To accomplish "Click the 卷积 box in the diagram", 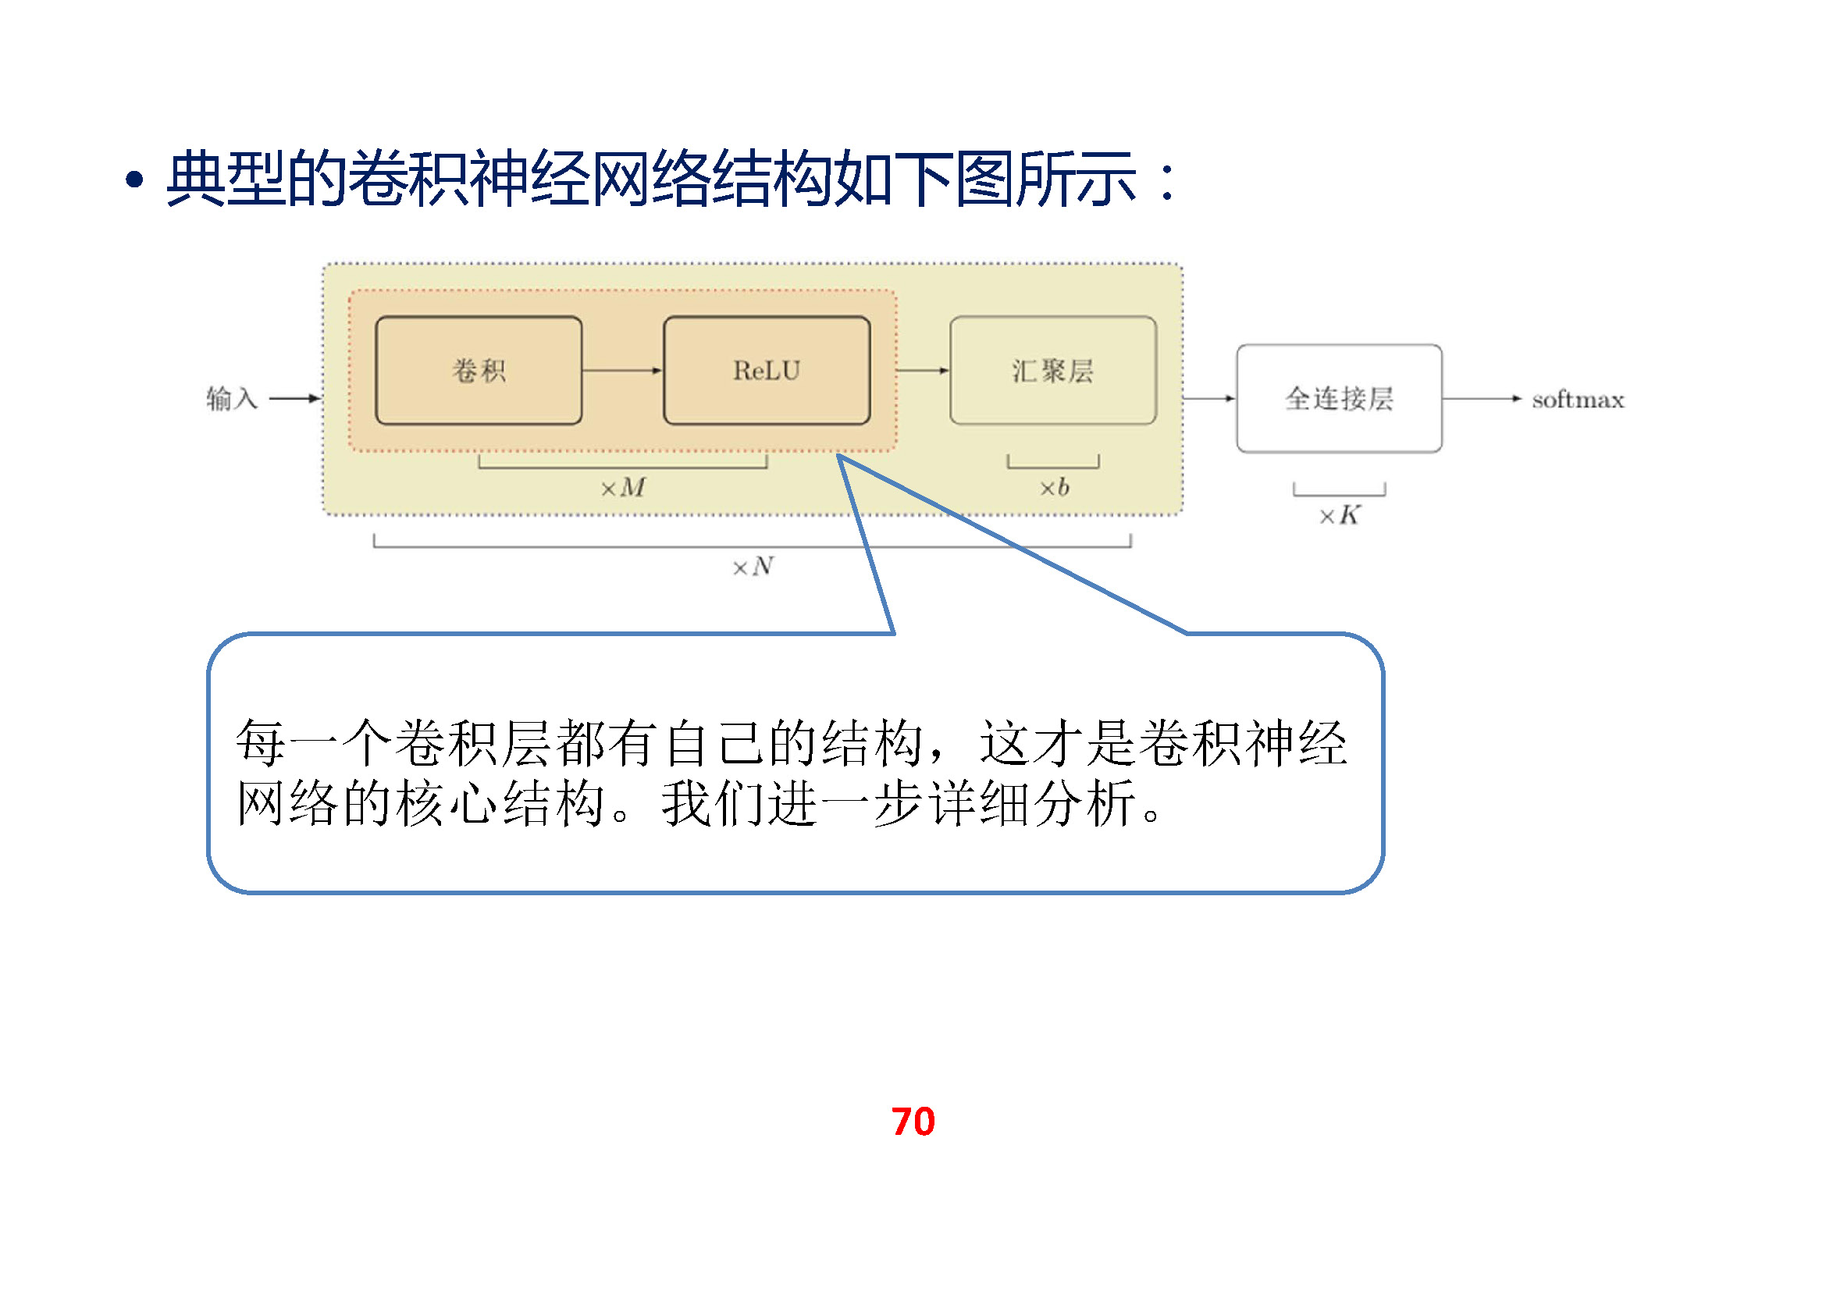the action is click(478, 371).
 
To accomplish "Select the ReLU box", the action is click(767, 371).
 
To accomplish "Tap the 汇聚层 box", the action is click(1052, 371).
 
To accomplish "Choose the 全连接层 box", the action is click(1339, 398).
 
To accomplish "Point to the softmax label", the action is click(1578, 399).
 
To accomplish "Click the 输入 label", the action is click(231, 398).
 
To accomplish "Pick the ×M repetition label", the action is click(623, 487).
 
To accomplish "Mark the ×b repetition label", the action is click(1054, 487).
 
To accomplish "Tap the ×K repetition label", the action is click(1340, 516).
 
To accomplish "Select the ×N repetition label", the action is click(753, 567).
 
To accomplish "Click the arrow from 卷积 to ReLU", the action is click(622, 371).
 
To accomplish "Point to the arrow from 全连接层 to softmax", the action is click(1482, 398).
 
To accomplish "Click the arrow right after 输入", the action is click(294, 398).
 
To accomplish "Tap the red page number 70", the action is click(913, 1122).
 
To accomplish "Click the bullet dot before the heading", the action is click(134, 180).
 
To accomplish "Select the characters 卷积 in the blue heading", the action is click(408, 179).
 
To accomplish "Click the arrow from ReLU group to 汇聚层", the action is click(923, 371).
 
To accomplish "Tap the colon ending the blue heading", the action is click(1166, 181).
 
